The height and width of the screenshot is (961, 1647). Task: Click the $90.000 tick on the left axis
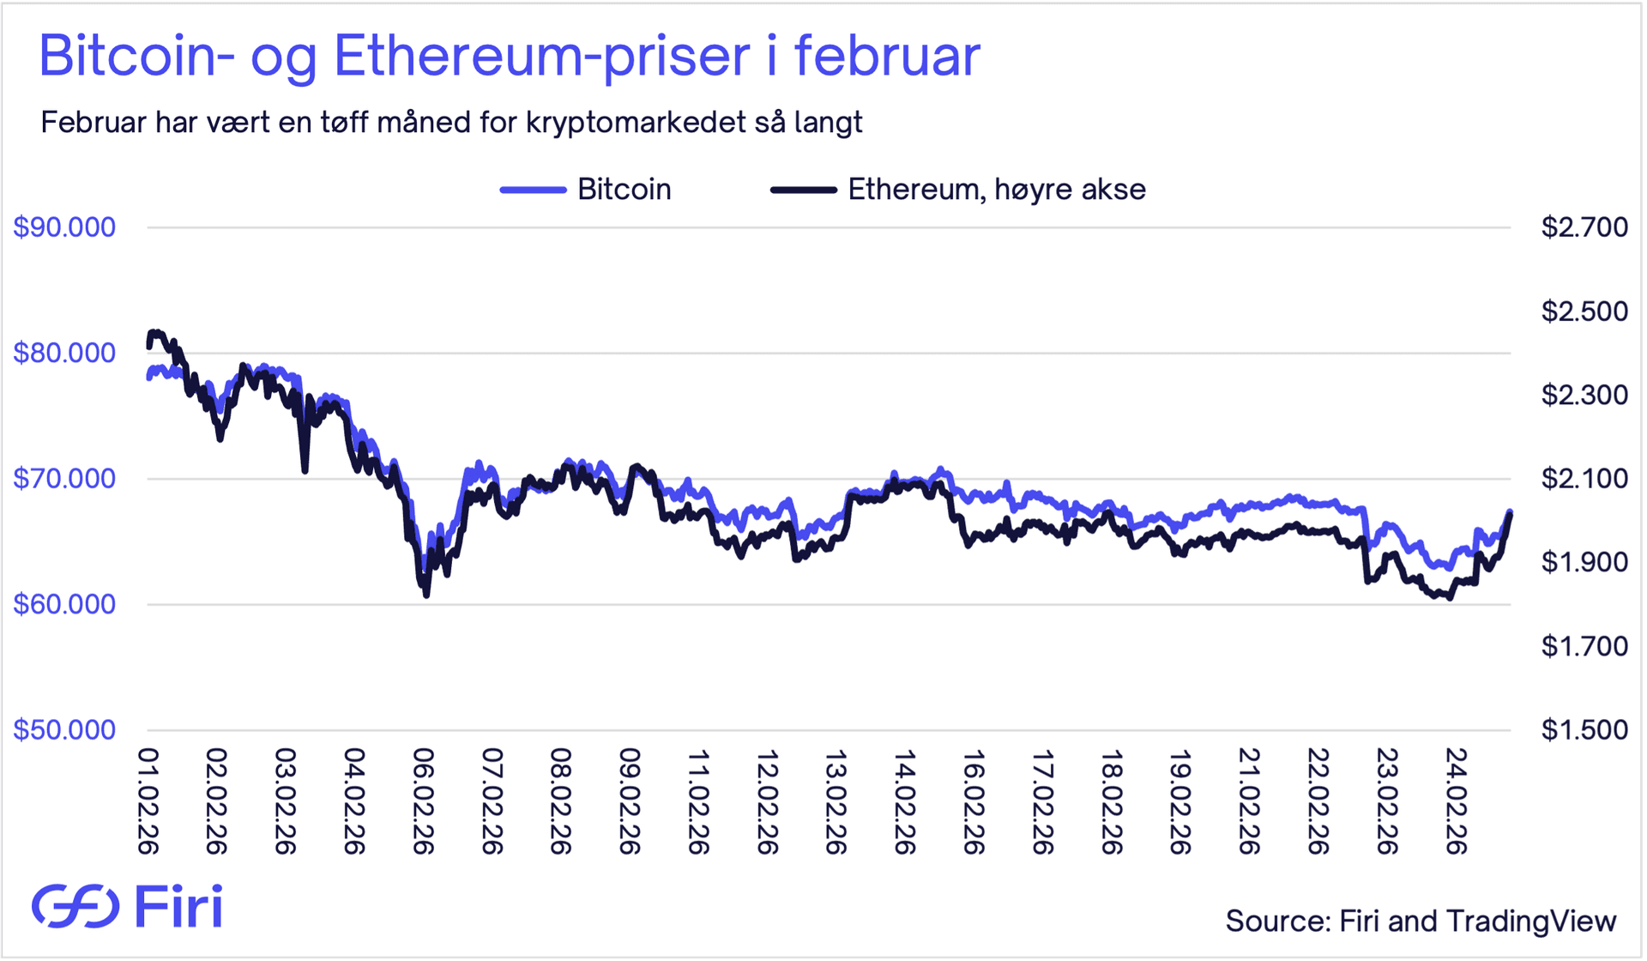(x=64, y=227)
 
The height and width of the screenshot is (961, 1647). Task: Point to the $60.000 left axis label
(x=64, y=604)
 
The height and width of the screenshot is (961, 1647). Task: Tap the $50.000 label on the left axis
(x=64, y=729)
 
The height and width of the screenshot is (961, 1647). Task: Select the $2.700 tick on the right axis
(x=1584, y=227)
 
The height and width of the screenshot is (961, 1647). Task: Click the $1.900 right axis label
(x=1584, y=562)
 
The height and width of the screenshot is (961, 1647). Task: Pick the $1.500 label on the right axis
(x=1584, y=729)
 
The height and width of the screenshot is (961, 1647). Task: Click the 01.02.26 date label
(x=148, y=801)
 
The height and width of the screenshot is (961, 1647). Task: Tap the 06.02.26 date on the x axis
(x=423, y=801)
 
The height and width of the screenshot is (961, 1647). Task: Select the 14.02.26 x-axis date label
(x=904, y=801)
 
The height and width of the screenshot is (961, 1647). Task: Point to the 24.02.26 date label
(x=1456, y=801)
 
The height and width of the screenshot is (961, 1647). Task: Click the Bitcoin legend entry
(x=624, y=190)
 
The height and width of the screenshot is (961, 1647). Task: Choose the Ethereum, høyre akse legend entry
(x=996, y=190)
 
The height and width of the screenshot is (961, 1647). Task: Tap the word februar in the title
(x=887, y=57)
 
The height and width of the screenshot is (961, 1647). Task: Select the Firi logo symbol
(x=75, y=906)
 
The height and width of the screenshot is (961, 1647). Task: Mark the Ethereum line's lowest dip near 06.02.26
(x=426, y=595)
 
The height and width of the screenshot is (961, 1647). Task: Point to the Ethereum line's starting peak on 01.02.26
(x=154, y=332)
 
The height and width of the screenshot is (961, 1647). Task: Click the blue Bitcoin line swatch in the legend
(x=533, y=190)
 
